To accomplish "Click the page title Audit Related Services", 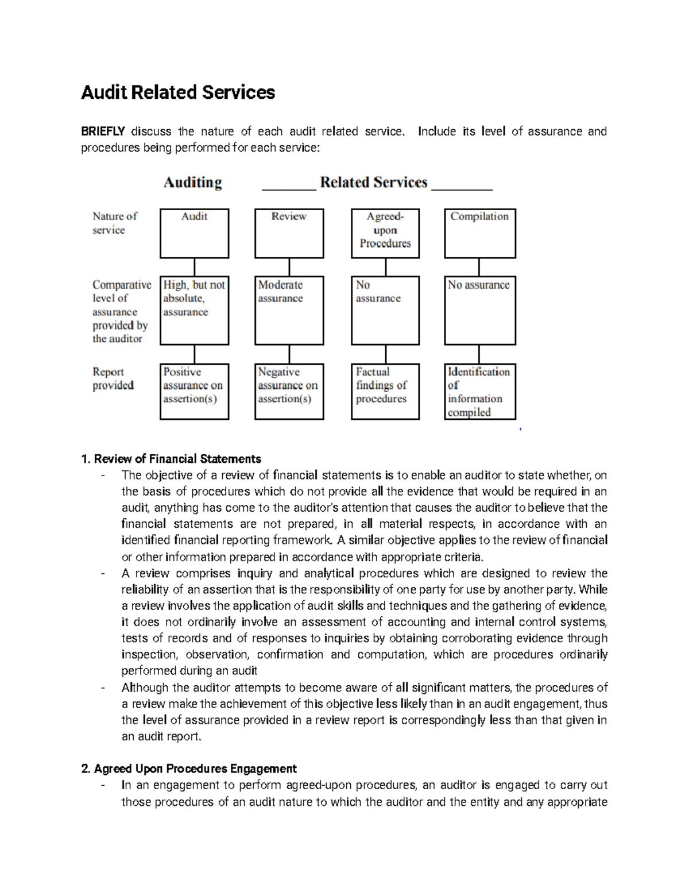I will tap(178, 92).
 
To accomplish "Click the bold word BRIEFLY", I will tap(103, 132).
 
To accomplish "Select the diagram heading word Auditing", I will tap(192, 183).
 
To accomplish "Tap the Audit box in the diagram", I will tap(194, 233).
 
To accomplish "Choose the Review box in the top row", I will tap(289, 233).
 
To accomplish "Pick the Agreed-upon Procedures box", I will tap(385, 233).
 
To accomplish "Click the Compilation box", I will tap(479, 233).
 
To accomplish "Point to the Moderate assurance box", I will tap(289, 310).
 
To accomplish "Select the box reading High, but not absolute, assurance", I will tap(194, 310).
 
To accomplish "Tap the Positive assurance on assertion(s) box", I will tap(194, 391).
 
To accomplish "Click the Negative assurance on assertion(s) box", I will tap(289, 391).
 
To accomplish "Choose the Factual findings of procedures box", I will tap(385, 391).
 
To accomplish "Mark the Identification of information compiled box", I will tap(479, 391).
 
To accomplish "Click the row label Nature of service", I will tap(115, 223).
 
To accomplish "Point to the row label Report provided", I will tap(113, 379).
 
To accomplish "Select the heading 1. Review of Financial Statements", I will tap(172, 459).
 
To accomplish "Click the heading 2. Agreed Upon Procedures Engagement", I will tap(189, 769).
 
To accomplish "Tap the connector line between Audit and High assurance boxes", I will tap(195, 267).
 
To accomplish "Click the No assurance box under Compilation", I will tap(479, 310).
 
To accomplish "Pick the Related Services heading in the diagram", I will tap(374, 183).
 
